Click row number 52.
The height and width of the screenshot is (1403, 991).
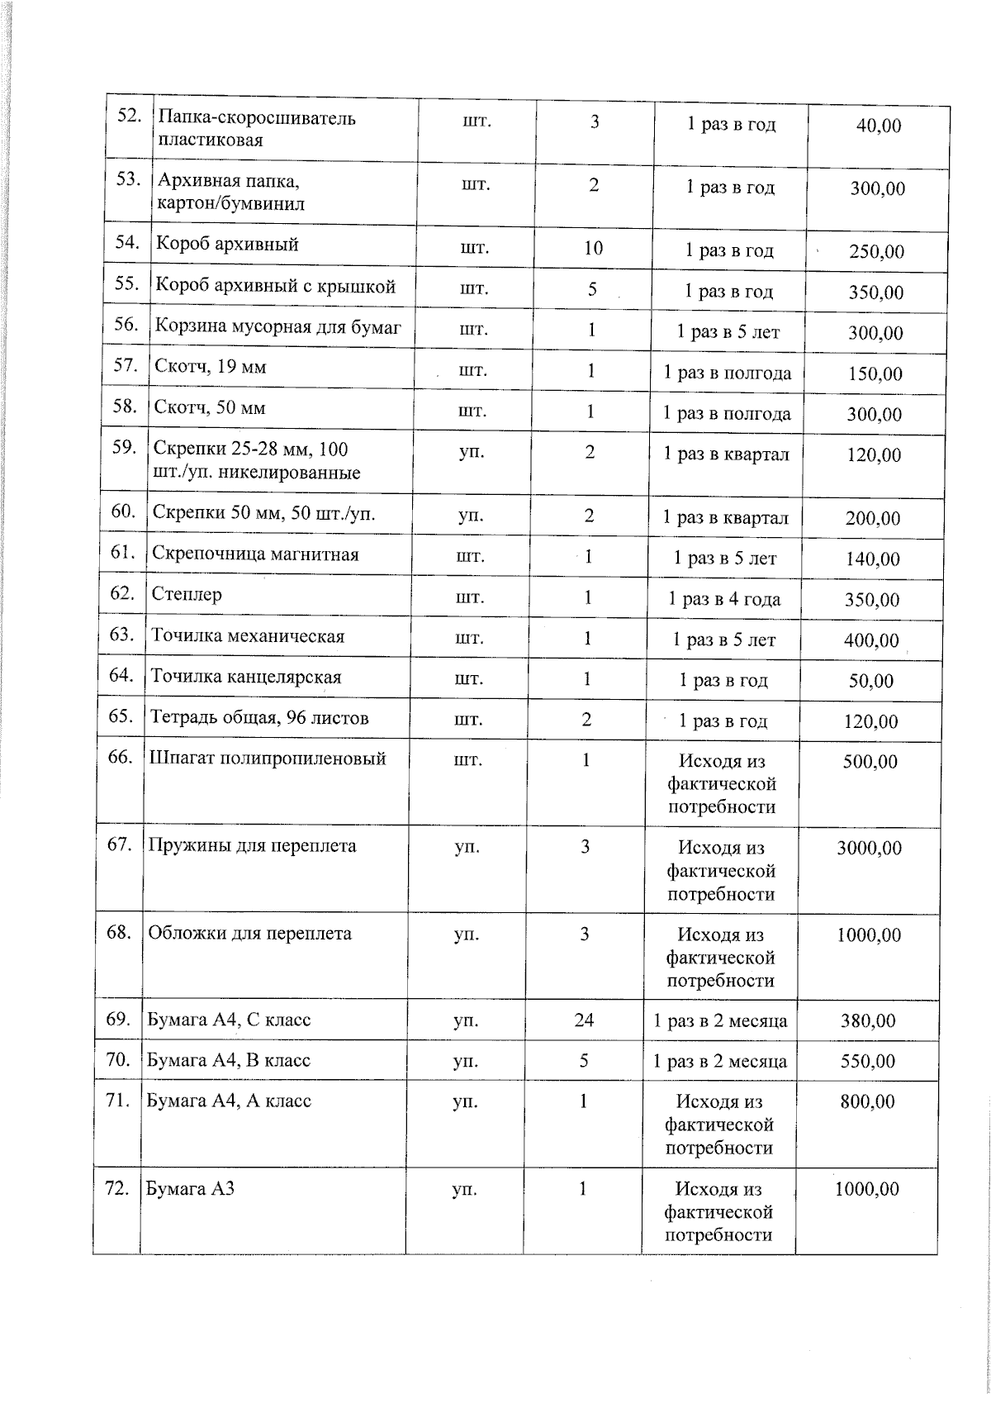[127, 117]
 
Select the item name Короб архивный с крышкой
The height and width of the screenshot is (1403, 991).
[276, 287]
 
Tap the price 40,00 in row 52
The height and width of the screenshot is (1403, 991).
[878, 126]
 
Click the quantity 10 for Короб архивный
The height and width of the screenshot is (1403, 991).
[593, 248]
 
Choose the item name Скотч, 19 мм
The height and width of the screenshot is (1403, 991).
[210, 367]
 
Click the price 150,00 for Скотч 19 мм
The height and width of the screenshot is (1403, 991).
[875, 373]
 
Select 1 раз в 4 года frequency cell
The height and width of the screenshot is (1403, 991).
[724, 599]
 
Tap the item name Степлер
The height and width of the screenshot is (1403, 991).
[187, 594]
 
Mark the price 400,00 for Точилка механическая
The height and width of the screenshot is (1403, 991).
[871, 640]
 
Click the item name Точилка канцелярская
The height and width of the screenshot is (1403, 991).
[245, 678]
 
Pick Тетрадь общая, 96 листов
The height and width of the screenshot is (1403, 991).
[258, 717]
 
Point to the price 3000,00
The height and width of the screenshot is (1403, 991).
[869, 849]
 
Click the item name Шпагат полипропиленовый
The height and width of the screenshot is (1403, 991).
[267, 759]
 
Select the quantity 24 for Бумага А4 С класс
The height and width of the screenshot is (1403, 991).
[584, 1020]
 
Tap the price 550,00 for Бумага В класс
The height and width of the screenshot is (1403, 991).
[867, 1061]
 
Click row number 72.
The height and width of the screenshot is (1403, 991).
[116, 1189]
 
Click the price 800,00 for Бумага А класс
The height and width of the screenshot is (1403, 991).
[867, 1101]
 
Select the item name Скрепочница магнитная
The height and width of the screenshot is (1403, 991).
[255, 554]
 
